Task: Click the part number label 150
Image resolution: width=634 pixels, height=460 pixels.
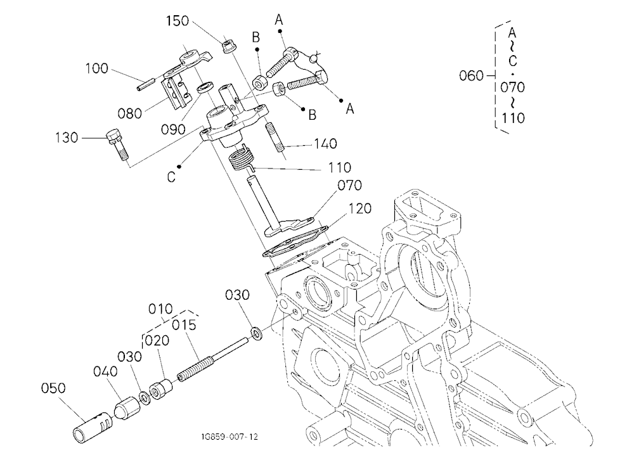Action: (x=178, y=21)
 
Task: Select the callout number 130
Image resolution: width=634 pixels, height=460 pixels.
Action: (x=67, y=138)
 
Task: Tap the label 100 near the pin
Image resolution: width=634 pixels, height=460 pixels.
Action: (x=96, y=68)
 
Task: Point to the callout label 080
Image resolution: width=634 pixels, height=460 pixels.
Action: (x=130, y=113)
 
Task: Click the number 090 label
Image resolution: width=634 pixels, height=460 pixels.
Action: (x=173, y=130)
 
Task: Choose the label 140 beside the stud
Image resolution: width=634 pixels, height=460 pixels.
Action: (x=325, y=143)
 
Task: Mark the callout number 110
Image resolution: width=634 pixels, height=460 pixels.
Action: (x=340, y=167)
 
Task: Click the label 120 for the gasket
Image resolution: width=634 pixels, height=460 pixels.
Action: (x=360, y=208)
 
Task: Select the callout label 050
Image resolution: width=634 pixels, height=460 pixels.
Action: (x=53, y=388)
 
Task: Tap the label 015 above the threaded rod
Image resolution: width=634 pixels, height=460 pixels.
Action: (x=184, y=324)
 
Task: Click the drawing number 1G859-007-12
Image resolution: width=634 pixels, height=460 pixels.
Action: (x=230, y=437)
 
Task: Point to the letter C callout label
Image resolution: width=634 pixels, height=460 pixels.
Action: (x=171, y=177)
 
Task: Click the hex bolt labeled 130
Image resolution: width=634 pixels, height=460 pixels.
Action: (x=117, y=144)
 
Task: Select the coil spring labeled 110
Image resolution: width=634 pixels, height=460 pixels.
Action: (x=240, y=158)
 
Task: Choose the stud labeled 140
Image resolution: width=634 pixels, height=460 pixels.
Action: (x=275, y=138)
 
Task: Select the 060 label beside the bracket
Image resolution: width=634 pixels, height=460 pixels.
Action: (x=472, y=75)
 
